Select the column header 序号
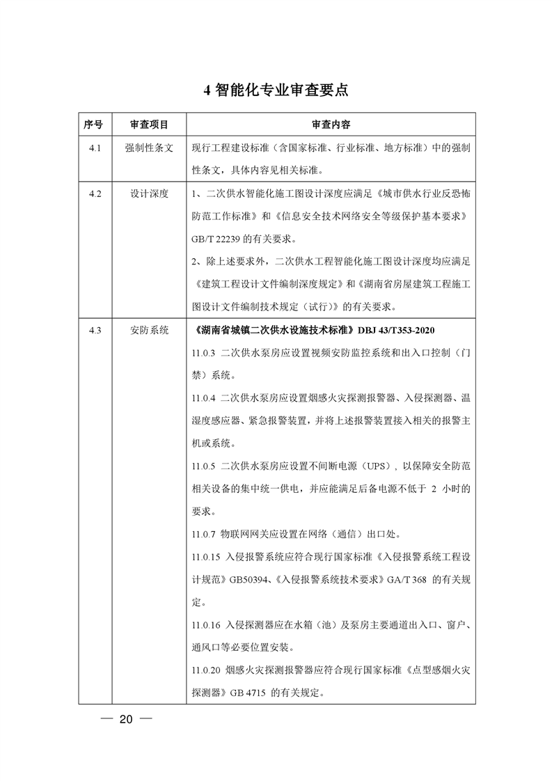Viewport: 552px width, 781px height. point(93,125)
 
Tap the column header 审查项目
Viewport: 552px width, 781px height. point(149,125)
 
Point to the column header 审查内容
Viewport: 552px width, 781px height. point(331,125)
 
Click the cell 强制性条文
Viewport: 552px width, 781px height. point(149,149)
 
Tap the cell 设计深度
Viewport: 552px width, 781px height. point(149,194)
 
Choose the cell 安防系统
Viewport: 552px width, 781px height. point(149,330)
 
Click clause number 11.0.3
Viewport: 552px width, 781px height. point(205,353)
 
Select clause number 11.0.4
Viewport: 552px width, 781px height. point(205,398)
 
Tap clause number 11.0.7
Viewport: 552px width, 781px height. point(205,534)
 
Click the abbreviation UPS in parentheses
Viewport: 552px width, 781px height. point(374,466)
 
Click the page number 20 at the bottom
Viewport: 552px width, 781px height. point(125,719)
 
